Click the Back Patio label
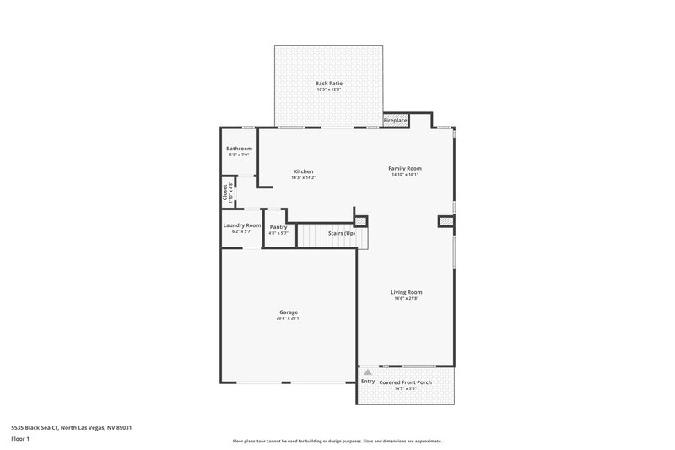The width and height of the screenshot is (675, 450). click(x=328, y=83)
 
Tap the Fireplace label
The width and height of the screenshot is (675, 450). click(x=395, y=121)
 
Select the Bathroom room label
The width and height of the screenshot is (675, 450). click(x=239, y=149)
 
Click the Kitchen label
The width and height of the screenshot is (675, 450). click(x=303, y=171)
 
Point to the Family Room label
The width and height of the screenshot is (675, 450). click(x=405, y=168)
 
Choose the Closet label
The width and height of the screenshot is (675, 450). click(x=225, y=193)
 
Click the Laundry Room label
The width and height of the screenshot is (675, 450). click(x=241, y=225)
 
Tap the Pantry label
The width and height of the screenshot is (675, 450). click(x=278, y=226)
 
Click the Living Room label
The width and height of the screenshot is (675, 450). click(x=407, y=292)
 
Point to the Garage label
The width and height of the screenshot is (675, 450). click(x=288, y=312)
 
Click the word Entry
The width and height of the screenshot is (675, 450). click(x=368, y=382)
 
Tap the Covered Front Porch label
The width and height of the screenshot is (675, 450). click(x=407, y=382)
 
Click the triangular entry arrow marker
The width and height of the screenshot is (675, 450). click(x=367, y=372)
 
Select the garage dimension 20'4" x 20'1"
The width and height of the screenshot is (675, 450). click(x=288, y=318)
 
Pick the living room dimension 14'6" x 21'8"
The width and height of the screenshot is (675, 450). click(x=407, y=298)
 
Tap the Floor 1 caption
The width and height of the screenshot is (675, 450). click(x=20, y=439)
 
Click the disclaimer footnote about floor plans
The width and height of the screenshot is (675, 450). click(x=337, y=441)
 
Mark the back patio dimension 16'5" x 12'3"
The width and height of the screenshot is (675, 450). click(x=328, y=89)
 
